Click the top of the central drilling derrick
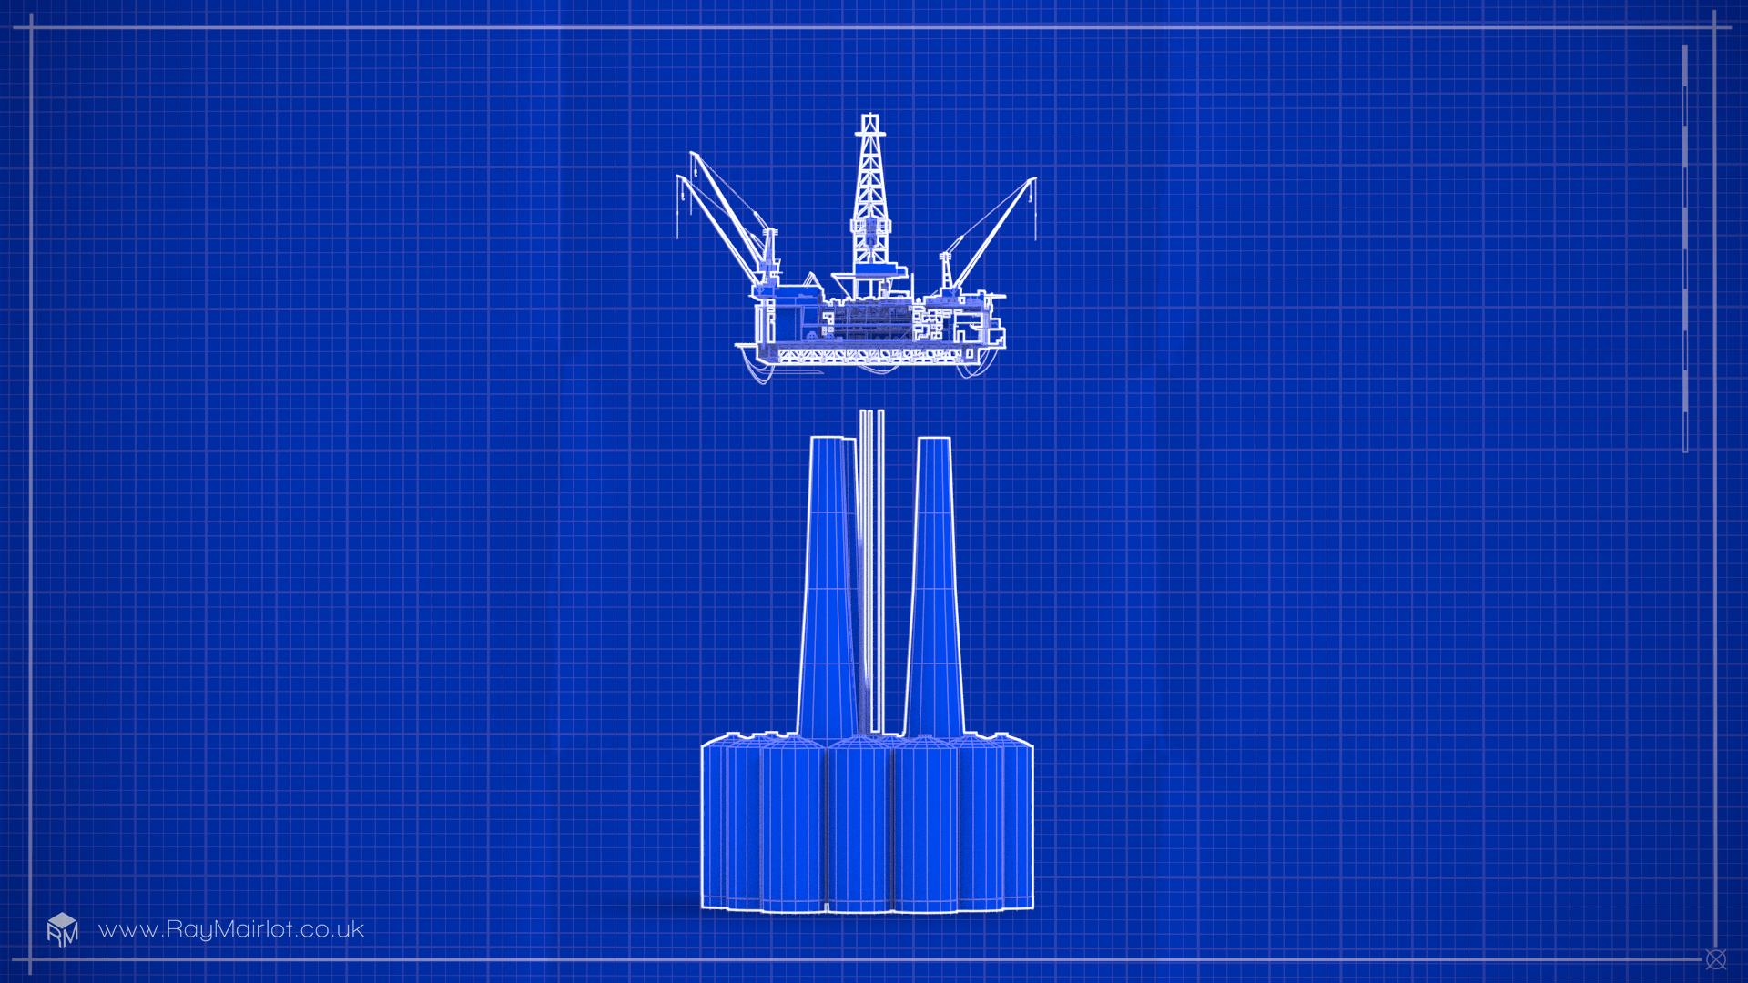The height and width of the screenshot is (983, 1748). point(870,117)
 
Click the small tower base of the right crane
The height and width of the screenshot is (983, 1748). point(946,272)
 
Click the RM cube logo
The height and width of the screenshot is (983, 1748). point(62,929)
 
